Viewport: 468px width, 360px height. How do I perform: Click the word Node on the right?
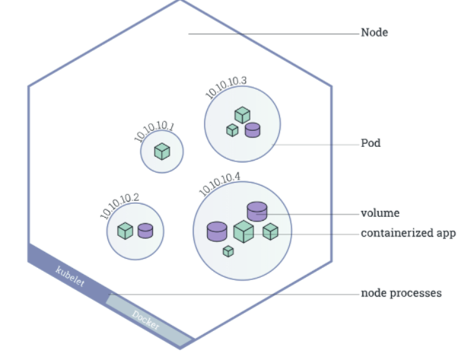click(374, 33)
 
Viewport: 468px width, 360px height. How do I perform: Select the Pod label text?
click(371, 143)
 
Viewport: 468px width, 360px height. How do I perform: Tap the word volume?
click(380, 213)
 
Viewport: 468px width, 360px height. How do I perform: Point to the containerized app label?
click(408, 233)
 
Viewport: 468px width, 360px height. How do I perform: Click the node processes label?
click(401, 293)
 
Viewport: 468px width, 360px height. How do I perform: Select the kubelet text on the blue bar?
click(70, 276)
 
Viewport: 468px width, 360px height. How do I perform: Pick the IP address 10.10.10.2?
click(119, 206)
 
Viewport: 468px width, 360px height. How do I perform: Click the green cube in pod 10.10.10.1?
click(162, 151)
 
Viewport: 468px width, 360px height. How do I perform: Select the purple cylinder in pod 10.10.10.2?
click(145, 230)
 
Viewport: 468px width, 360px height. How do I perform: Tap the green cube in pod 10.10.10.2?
click(126, 230)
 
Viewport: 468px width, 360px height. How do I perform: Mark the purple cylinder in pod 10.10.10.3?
click(253, 130)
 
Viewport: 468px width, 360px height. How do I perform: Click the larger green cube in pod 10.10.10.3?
click(242, 115)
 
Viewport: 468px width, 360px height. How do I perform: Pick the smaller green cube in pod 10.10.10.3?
click(232, 130)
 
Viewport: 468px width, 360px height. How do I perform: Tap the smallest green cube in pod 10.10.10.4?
click(228, 251)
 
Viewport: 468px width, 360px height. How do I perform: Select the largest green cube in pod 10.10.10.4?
click(243, 231)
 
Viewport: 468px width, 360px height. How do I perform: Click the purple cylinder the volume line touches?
click(257, 211)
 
